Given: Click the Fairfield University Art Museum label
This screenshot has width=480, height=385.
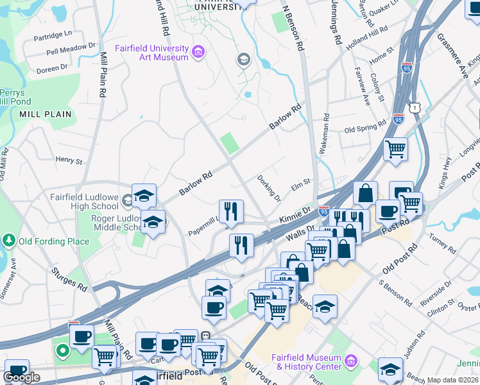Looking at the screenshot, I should [151, 53].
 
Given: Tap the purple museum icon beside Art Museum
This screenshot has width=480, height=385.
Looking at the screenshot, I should [198, 51].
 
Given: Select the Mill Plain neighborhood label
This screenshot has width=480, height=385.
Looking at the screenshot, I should [45, 114].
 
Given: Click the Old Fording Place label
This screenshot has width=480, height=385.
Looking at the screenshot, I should [54, 241].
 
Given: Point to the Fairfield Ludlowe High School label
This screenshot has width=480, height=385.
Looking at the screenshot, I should [85, 201].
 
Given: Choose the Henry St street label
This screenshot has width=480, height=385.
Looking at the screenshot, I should [69, 160].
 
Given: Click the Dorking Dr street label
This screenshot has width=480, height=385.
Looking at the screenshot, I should [269, 187].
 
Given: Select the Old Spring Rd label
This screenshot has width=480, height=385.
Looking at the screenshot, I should [365, 129].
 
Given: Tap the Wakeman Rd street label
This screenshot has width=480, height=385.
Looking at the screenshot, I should [326, 133].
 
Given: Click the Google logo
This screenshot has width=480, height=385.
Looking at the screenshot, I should [22, 377].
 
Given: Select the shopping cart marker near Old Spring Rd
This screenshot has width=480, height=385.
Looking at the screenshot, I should [395, 149].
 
